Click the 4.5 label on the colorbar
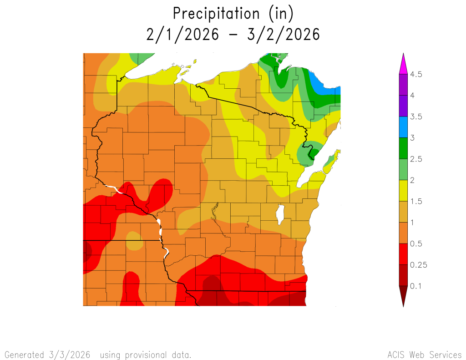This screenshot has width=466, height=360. tap(416, 74)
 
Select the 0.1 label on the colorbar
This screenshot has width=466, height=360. tap(416, 286)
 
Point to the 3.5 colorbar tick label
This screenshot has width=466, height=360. tap(416, 117)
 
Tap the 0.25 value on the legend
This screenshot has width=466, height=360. tap(418, 265)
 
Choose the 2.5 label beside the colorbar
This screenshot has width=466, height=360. tap(416, 159)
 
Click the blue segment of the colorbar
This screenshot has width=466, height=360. tap(403, 127)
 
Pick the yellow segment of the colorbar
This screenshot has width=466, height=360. tap(403, 191)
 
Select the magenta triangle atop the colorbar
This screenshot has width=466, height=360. tap(403, 64)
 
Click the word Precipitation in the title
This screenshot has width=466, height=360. tap(214, 14)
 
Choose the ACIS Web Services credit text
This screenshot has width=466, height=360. tap(424, 355)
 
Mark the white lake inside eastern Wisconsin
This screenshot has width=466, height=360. tap(280, 214)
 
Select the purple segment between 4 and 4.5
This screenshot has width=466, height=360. tap(403, 85)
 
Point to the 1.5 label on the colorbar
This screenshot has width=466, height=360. tap(416, 201)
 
